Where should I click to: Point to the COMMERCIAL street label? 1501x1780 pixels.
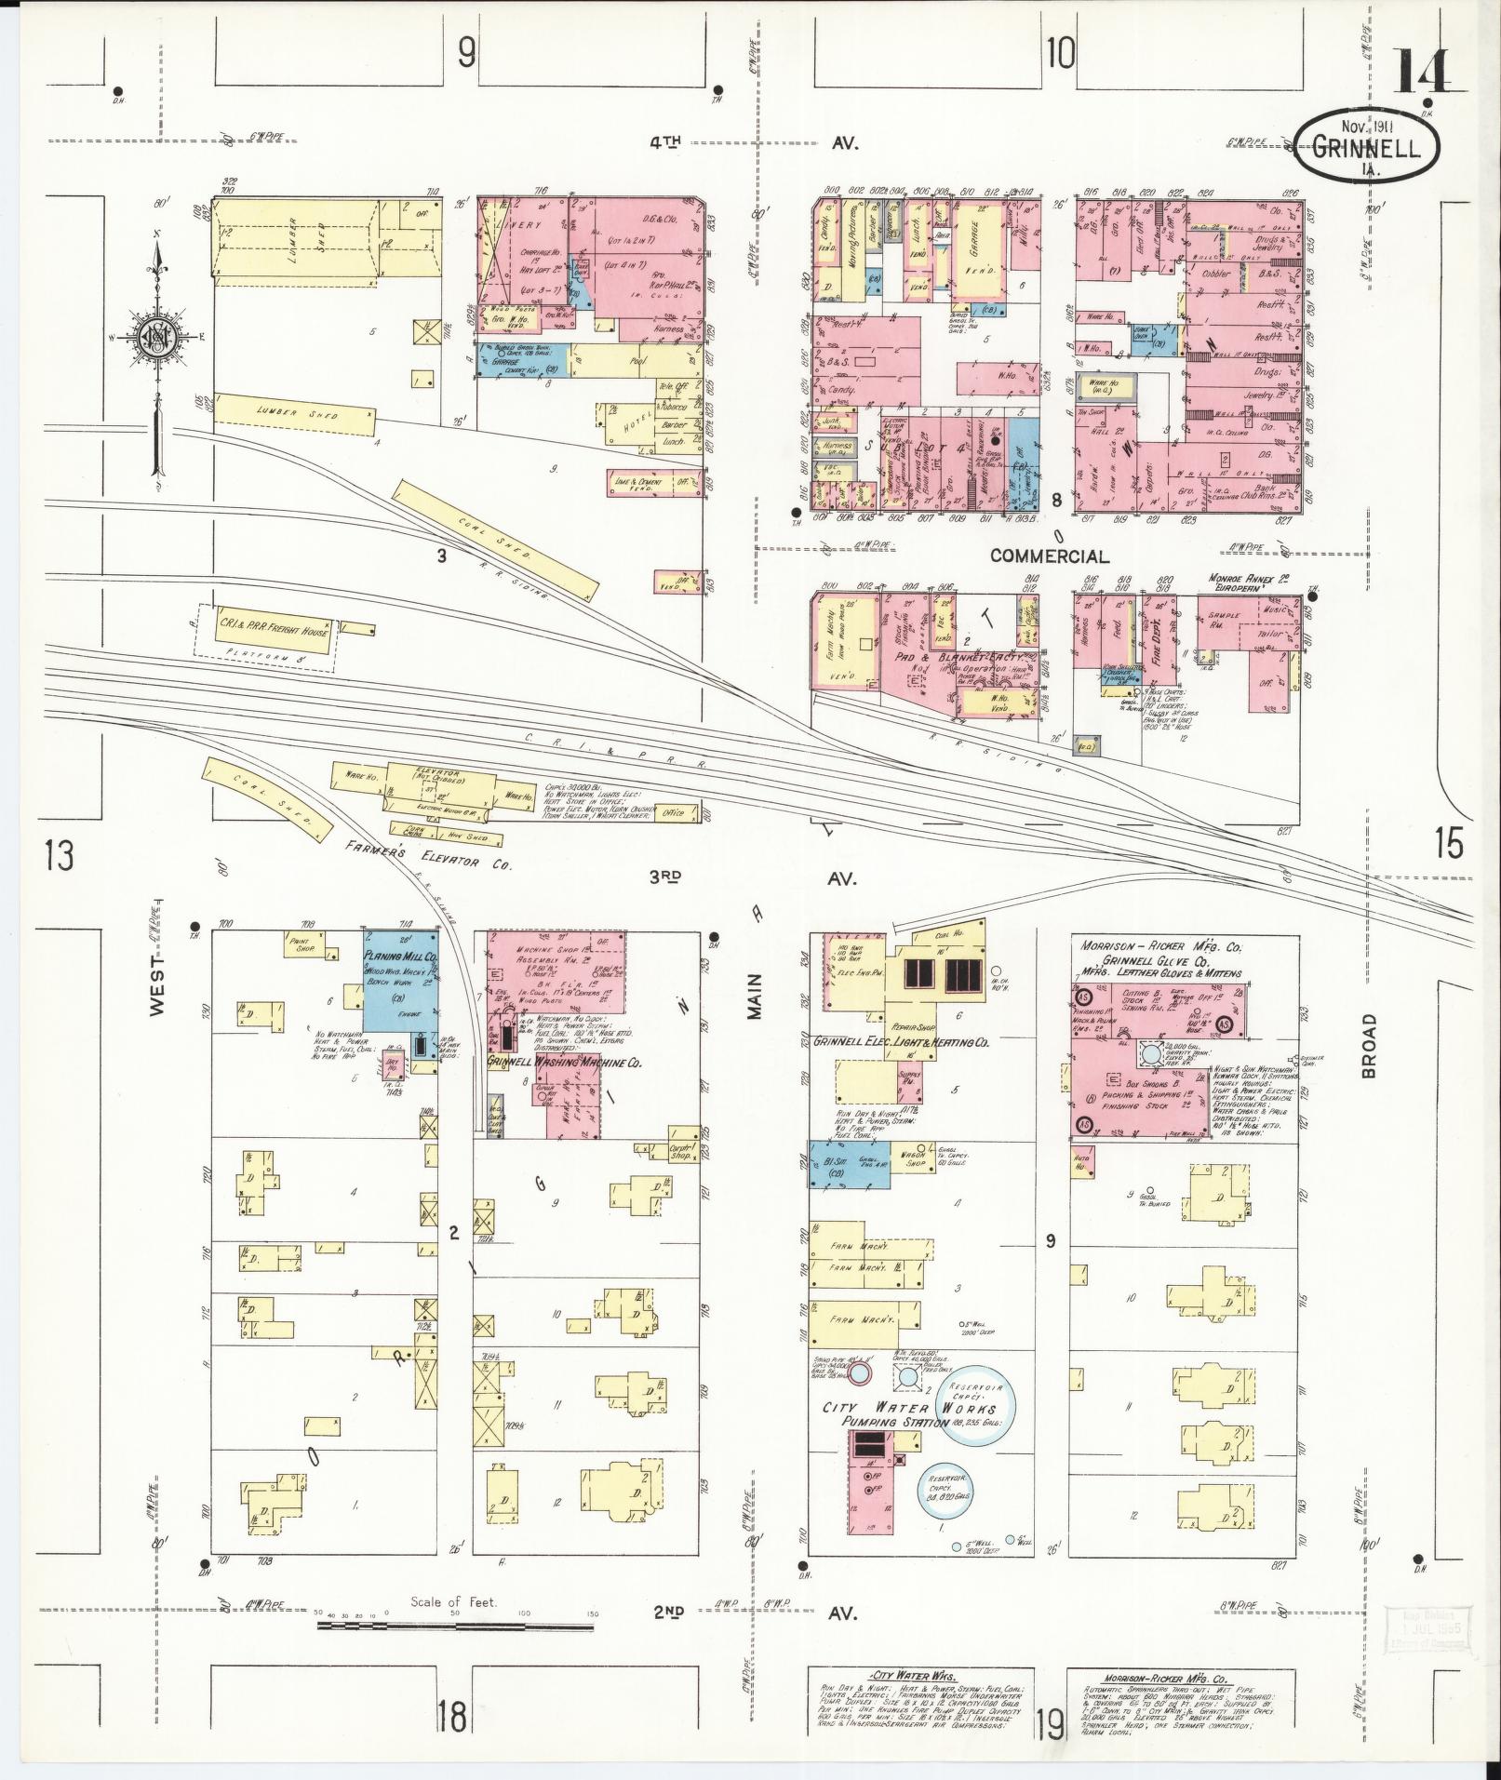pyautogui.click(x=1049, y=556)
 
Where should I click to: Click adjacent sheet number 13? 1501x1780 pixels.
pyautogui.click(x=59, y=854)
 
